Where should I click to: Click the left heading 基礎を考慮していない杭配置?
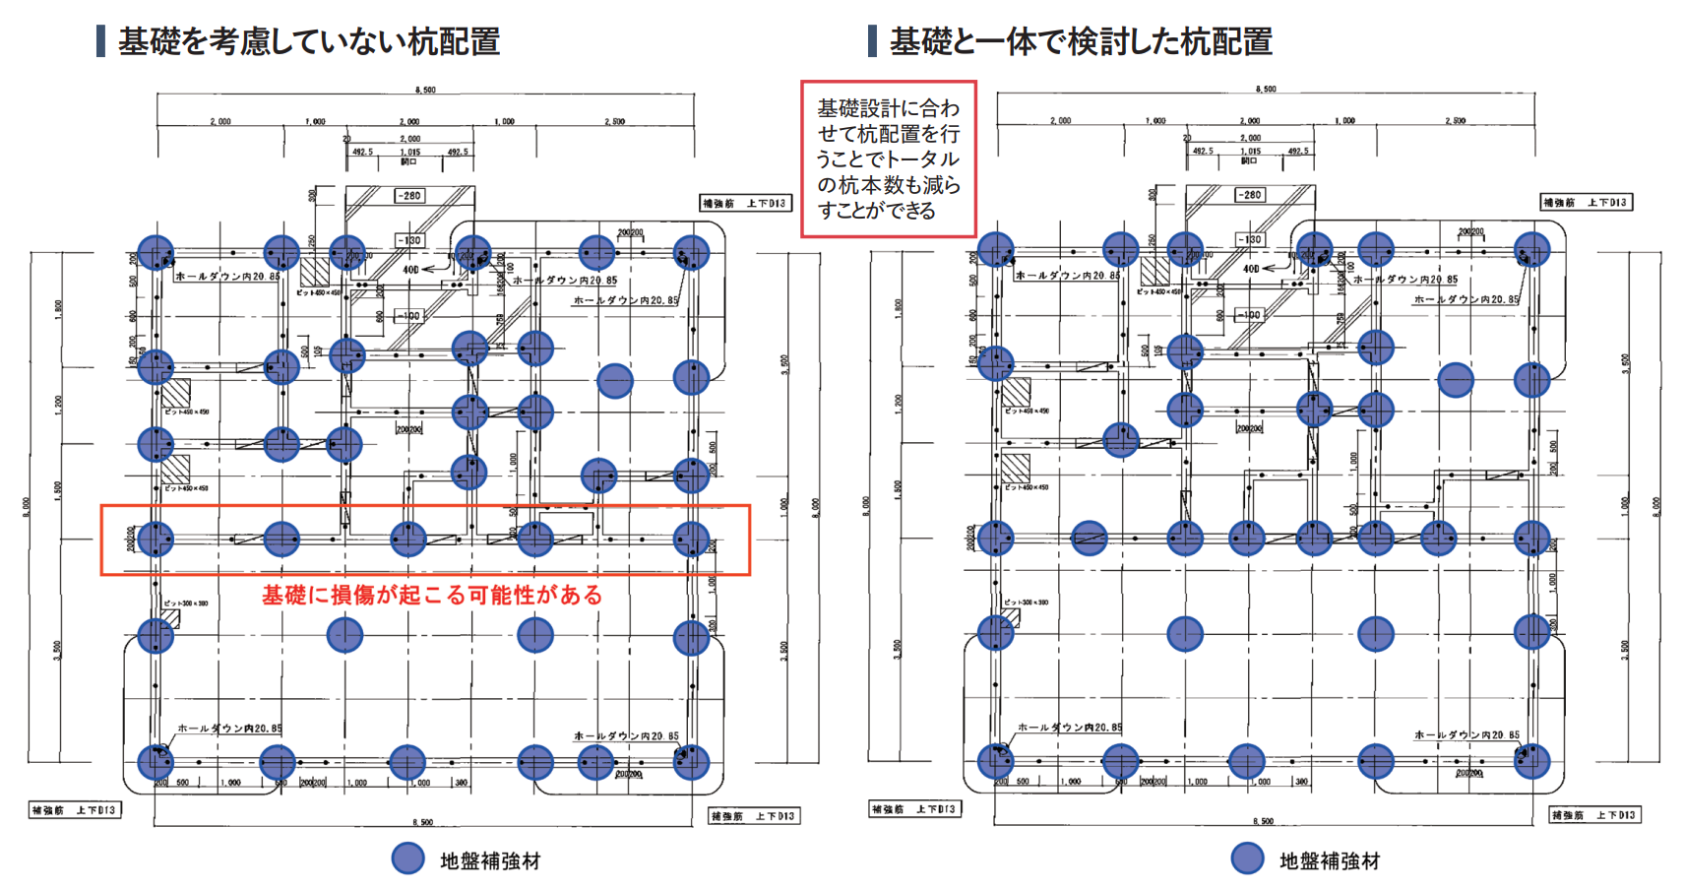(308, 41)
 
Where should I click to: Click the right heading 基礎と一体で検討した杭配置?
(1080, 41)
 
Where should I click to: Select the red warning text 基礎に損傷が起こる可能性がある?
(431, 595)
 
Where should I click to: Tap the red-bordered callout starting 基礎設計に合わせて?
(888, 159)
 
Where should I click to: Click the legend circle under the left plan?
(407, 858)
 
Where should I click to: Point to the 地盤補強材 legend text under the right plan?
(1329, 861)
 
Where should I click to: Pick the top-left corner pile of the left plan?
(156, 253)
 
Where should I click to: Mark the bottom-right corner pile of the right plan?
(1531, 761)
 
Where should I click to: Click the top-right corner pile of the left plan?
(691, 253)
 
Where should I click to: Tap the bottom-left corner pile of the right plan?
(996, 761)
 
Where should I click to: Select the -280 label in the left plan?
(409, 196)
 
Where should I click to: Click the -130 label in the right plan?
(1250, 239)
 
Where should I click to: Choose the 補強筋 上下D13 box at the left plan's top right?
(744, 204)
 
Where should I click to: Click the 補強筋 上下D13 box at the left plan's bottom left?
(75, 810)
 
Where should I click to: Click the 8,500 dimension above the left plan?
(425, 90)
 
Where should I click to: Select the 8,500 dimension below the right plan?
(1264, 821)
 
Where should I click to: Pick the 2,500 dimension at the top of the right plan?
(1455, 121)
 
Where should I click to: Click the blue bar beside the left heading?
(100, 41)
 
